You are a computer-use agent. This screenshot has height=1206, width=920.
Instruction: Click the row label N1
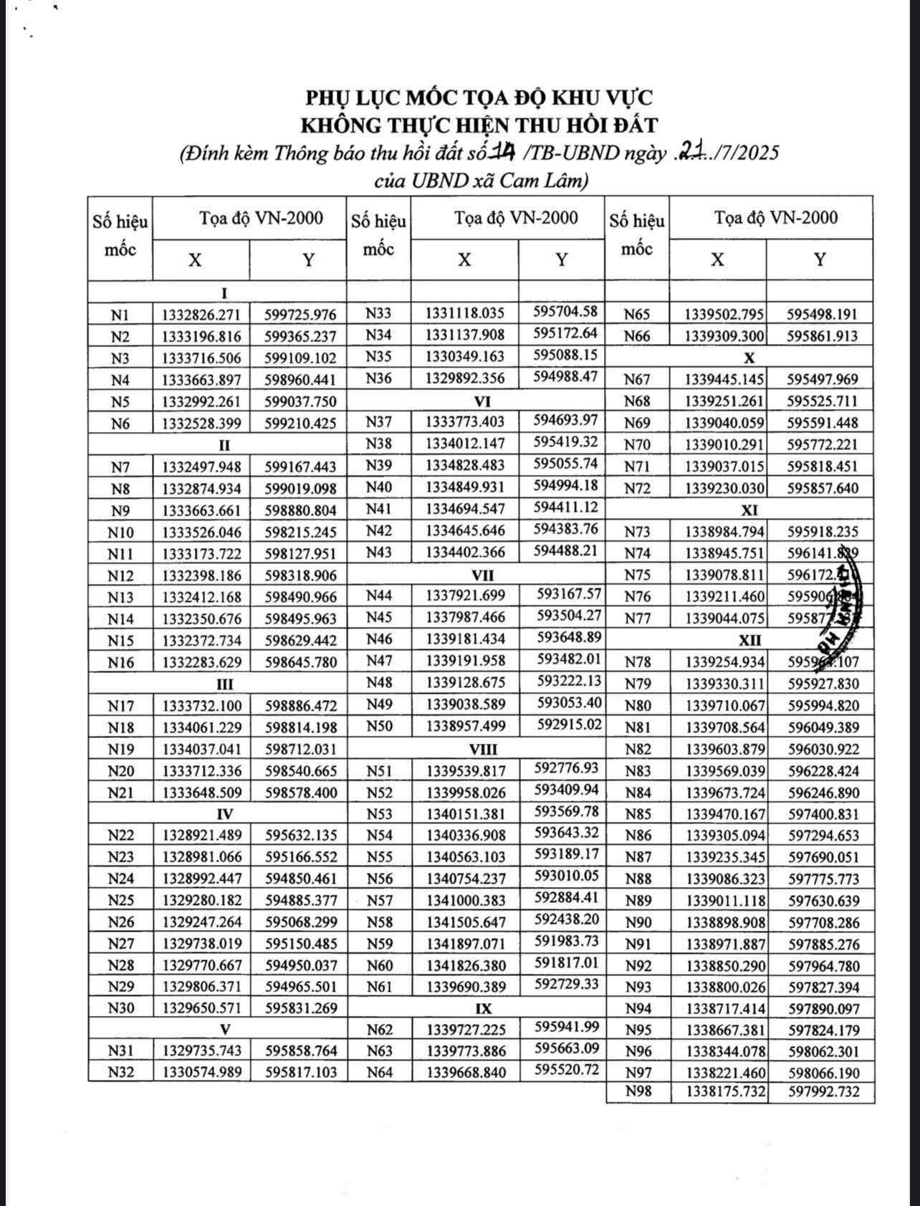point(120,315)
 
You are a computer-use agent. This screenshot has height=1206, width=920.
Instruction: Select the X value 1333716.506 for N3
point(201,358)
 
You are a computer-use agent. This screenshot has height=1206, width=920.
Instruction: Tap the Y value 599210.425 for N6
point(300,423)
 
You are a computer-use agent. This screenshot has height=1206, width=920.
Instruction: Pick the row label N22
point(120,836)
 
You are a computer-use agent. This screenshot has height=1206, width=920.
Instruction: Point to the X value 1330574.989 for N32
point(202,1073)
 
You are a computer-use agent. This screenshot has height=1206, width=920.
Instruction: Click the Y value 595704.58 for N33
point(565,312)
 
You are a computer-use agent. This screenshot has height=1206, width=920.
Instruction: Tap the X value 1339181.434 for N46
point(466,638)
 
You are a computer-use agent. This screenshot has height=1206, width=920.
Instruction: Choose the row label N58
point(379,922)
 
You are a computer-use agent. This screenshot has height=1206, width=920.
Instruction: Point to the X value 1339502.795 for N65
point(724,315)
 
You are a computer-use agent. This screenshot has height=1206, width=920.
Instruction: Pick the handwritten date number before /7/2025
point(692,152)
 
